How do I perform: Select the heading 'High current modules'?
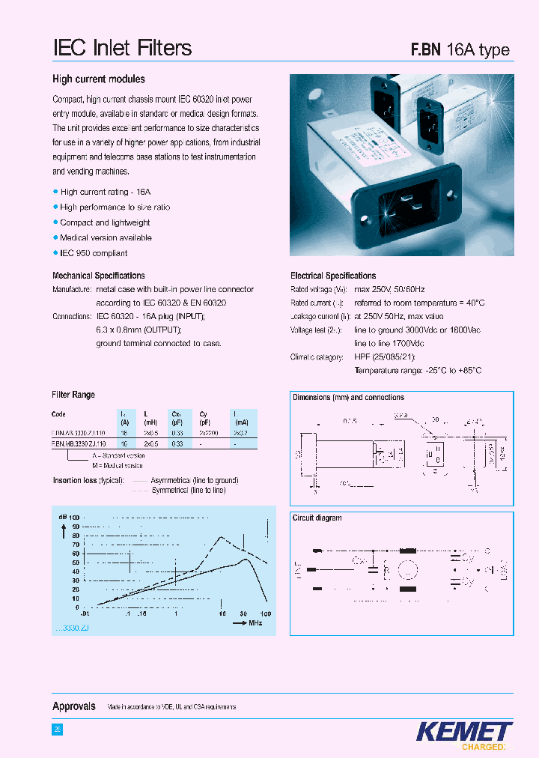point(98,79)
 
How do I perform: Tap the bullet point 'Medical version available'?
point(106,237)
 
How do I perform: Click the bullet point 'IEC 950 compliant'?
point(94,253)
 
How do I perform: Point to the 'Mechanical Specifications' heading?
point(98,276)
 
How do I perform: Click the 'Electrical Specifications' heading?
point(333,276)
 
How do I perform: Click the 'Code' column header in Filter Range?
point(58,414)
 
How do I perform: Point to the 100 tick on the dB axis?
point(74,518)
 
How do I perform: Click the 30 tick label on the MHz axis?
point(243,613)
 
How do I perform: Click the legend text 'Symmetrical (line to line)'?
point(188,490)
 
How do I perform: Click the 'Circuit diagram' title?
point(317,518)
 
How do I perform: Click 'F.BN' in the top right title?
point(425,50)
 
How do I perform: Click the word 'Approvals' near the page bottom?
point(73,706)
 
